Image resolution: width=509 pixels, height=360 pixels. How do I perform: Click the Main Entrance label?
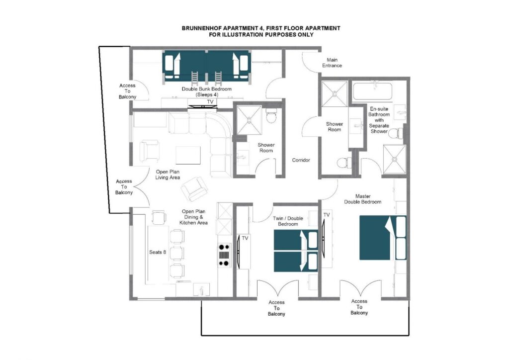pyautogui.click(x=332, y=63)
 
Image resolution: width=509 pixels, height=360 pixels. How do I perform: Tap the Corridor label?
pyautogui.click(x=301, y=160)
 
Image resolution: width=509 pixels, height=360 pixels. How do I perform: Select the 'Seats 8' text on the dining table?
pyautogui.click(x=158, y=252)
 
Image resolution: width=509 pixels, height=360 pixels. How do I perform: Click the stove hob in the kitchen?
pyautogui.click(x=224, y=255)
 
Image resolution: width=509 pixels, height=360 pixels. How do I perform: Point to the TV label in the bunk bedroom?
pyautogui.click(x=210, y=102)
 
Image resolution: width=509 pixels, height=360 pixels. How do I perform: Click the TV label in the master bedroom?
pyautogui.click(x=326, y=215)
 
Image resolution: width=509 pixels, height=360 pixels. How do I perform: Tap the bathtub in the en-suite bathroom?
pyautogui.click(x=372, y=92)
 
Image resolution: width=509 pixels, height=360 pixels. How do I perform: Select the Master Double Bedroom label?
pyautogui.click(x=362, y=199)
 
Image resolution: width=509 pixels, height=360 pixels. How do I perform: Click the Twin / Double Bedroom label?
pyautogui.click(x=288, y=221)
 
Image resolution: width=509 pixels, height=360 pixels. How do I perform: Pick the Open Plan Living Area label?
pyautogui.click(x=168, y=175)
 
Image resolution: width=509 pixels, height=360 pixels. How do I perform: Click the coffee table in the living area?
pyautogui.click(x=188, y=155)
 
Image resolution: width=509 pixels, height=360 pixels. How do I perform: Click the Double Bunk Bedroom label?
pyautogui.click(x=207, y=91)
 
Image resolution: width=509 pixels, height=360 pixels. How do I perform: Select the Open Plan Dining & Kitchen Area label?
pyautogui.click(x=193, y=217)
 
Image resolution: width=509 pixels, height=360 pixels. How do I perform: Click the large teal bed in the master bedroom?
pyautogui.click(x=382, y=238)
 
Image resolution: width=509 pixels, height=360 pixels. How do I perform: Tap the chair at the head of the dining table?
pyautogui.click(x=159, y=217)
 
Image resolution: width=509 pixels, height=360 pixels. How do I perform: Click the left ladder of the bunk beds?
pyautogui.click(x=194, y=78)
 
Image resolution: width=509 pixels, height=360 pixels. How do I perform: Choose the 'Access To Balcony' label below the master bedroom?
pyautogui.click(x=359, y=307)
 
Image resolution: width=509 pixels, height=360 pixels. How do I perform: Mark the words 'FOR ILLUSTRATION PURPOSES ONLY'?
pyautogui.click(x=261, y=35)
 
